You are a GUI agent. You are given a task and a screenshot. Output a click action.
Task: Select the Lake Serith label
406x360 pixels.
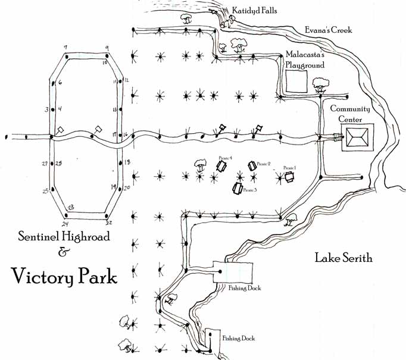pos(343,258)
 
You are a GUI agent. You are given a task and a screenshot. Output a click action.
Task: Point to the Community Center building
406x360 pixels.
pos(357,139)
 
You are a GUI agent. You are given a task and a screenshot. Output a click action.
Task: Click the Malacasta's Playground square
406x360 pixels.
pos(296,82)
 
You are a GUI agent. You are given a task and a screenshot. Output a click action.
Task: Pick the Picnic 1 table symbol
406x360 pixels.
pos(290,176)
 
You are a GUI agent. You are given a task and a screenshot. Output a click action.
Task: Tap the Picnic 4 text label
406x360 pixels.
pos(224,157)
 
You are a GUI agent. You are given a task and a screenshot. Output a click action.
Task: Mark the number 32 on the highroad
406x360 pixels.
pos(109,223)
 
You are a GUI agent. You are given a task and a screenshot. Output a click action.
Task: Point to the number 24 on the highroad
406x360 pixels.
pos(65,223)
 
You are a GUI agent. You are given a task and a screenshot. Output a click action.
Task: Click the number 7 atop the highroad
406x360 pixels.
pos(65,46)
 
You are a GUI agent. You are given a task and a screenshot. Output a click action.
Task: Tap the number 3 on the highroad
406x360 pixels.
pos(46,109)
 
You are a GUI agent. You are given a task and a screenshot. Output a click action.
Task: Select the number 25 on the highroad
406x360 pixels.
pos(45,191)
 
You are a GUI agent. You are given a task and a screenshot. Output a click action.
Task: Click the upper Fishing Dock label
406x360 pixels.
pos(245,289)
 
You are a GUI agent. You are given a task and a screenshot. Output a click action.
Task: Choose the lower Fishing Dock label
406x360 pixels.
pos(239,339)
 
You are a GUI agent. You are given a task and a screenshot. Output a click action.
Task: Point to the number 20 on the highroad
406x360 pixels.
pos(126,187)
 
